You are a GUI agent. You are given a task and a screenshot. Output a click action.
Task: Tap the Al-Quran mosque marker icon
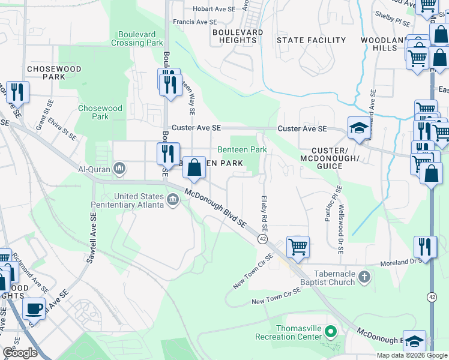(119, 169)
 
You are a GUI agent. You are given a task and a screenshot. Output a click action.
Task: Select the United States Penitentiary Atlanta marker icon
(173, 199)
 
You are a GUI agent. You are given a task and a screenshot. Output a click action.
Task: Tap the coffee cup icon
(34, 308)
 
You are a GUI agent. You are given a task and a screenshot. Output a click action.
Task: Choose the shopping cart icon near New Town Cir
(298, 246)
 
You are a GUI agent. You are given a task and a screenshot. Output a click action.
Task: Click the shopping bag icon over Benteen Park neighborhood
(194, 168)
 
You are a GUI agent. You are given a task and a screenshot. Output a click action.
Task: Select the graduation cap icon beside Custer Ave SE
(359, 128)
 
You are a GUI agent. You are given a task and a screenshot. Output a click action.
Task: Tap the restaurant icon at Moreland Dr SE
(424, 247)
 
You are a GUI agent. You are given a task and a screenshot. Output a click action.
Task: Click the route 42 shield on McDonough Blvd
(263, 239)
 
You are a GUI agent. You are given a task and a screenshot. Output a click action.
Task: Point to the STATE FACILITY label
(311, 40)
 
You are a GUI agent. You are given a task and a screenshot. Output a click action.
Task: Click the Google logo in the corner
(20, 353)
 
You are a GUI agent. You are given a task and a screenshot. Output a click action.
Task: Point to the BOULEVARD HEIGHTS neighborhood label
(237, 36)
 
